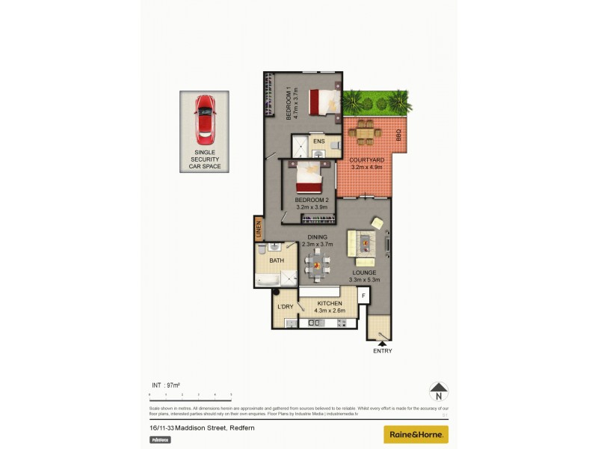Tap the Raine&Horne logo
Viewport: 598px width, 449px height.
(x=416, y=434)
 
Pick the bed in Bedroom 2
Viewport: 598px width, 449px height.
(x=308, y=180)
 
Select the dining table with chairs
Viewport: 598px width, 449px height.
(x=318, y=263)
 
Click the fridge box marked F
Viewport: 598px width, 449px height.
(x=364, y=296)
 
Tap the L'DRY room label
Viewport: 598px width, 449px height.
(x=285, y=308)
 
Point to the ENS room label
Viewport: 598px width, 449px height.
(x=319, y=141)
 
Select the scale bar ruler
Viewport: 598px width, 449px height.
(x=191, y=394)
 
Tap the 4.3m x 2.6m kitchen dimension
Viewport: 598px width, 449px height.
(x=330, y=311)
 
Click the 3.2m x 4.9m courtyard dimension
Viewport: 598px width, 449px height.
(x=367, y=168)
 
